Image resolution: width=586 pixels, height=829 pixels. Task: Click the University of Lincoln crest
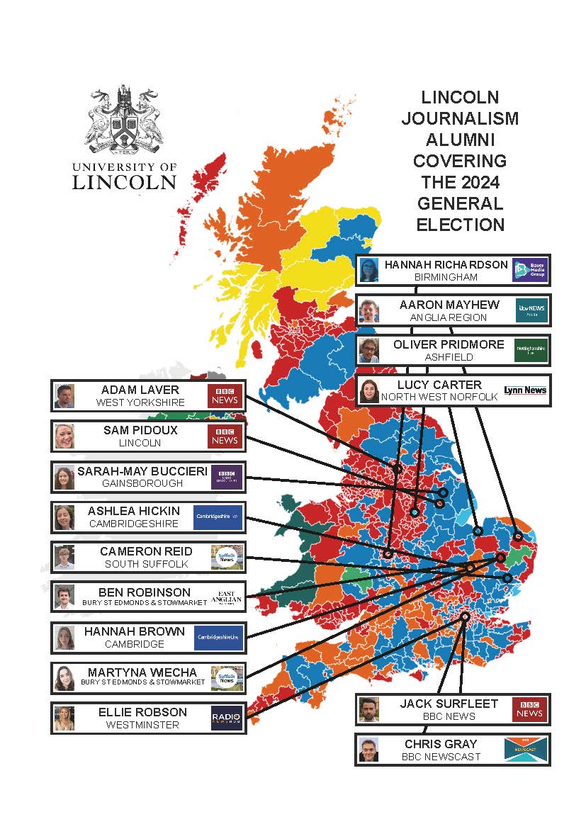(x=125, y=120)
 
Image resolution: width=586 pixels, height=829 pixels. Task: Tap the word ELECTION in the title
(x=460, y=225)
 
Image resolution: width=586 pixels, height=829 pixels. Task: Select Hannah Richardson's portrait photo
(x=368, y=270)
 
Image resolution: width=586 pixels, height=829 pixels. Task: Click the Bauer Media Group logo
(x=530, y=270)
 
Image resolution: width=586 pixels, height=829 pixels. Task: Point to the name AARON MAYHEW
(x=449, y=305)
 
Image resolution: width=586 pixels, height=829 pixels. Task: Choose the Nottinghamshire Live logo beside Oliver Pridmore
(x=530, y=350)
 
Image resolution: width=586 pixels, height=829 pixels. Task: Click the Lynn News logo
(x=525, y=390)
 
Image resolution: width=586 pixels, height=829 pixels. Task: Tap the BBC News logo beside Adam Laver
(x=225, y=396)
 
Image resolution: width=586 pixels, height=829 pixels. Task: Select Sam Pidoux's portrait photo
(x=64, y=436)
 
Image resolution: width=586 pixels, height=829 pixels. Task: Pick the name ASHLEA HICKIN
(x=134, y=511)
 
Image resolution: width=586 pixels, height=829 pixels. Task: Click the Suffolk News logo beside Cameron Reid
(x=227, y=558)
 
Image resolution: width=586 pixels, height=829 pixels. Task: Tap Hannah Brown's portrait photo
(x=64, y=638)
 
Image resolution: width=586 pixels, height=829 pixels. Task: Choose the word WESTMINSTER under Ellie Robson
(x=142, y=725)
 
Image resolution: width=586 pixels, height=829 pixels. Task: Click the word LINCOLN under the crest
(x=124, y=182)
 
